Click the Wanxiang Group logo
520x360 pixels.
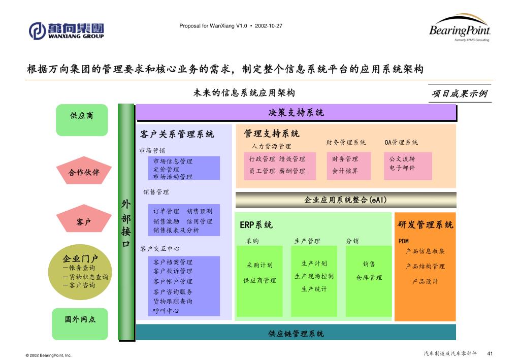pyautogui.click(x=66, y=30)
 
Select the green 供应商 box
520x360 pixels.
pyautogui.click(x=82, y=116)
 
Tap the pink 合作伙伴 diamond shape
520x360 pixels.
pyautogui.click(x=84, y=172)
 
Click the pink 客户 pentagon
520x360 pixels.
pyautogui.click(x=83, y=222)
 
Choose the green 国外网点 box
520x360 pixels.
pyautogui.click(x=80, y=320)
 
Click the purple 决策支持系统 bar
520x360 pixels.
pyautogui.click(x=296, y=113)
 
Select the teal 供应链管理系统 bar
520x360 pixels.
pyautogui.click(x=296, y=333)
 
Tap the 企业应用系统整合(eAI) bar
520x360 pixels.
pyautogui.click(x=345, y=200)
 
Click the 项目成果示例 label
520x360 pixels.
pyautogui.click(x=459, y=93)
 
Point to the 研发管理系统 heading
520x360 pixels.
pyautogui.click(x=425, y=224)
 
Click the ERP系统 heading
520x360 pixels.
pyautogui.click(x=256, y=225)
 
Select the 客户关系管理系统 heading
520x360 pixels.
pyautogui.click(x=177, y=134)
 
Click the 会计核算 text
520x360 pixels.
pyautogui.click(x=345, y=171)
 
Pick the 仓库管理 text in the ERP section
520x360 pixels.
pyautogui.click(x=369, y=278)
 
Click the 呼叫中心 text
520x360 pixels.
pyautogui.click(x=166, y=311)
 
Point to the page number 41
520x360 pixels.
pyautogui.click(x=491, y=353)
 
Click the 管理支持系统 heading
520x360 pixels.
pyautogui.click(x=272, y=134)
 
